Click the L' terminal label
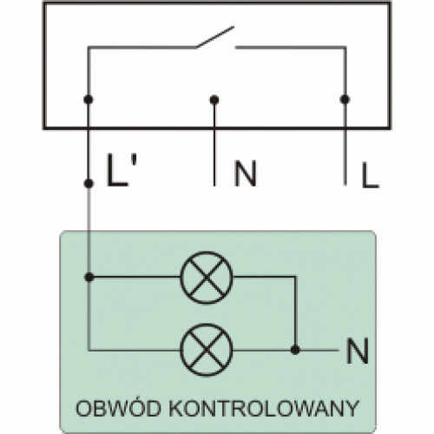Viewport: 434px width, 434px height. click(x=122, y=170)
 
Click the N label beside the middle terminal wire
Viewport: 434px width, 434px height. click(x=246, y=174)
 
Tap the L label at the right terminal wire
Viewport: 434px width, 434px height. click(x=370, y=175)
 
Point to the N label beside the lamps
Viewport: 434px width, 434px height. click(x=358, y=351)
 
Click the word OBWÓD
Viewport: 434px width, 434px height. click(x=118, y=408)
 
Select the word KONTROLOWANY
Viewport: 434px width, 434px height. click(x=264, y=408)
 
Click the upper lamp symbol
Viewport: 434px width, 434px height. click(x=207, y=278)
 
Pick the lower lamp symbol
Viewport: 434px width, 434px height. click(x=207, y=350)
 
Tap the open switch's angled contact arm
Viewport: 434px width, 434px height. click(x=215, y=36)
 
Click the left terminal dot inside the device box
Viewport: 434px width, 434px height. click(x=89, y=100)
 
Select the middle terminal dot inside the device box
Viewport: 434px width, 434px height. click(x=214, y=100)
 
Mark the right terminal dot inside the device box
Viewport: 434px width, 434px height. click(x=345, y=100)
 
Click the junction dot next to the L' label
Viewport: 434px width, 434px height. click(x=89, y=183)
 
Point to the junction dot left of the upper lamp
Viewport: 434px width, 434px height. click(x=89, y=277)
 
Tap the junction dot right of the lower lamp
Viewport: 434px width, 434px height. click(x=295, y=350)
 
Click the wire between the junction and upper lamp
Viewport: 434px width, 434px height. click(x=135, y=277)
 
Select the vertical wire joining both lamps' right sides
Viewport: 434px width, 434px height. click(x=295, y=313)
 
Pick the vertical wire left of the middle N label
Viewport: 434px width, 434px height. click(x=214, y=142)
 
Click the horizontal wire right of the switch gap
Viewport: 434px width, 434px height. click(x=290, y=47)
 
